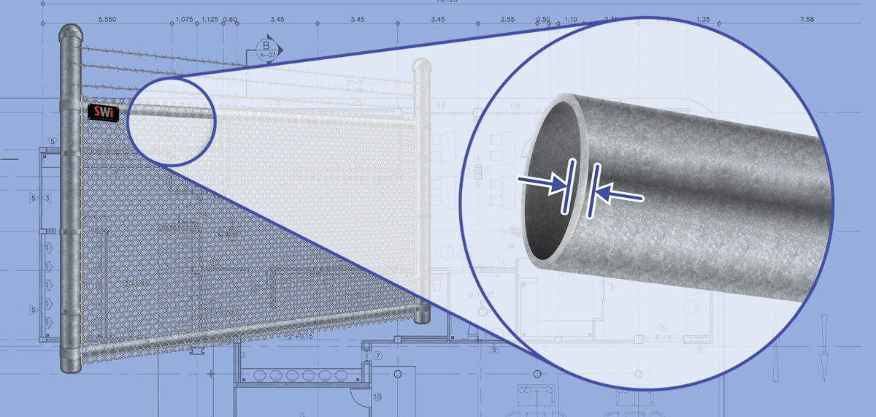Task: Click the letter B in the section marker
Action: pyautogui.click(x=266, y=45)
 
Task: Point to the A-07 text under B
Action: pyautogui.click(x=266, y=55)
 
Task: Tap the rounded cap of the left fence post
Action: pyautogui.click(x=72, y=34)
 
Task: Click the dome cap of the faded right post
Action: pyautogui.click(x=421, y=67)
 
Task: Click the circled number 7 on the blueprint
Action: pyautogui.click(x=378, y=356)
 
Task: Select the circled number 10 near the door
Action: pyautogui.click(x=377, y=397)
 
